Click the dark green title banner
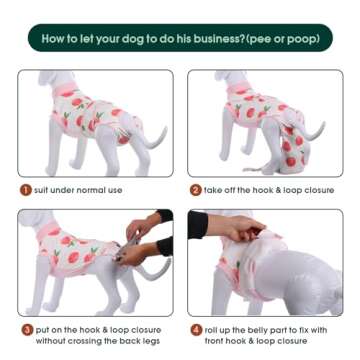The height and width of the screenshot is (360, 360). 180,40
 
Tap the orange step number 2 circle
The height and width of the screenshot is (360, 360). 195,189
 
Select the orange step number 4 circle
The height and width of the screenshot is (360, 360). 195,329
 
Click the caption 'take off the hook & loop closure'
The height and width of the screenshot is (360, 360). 266,189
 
